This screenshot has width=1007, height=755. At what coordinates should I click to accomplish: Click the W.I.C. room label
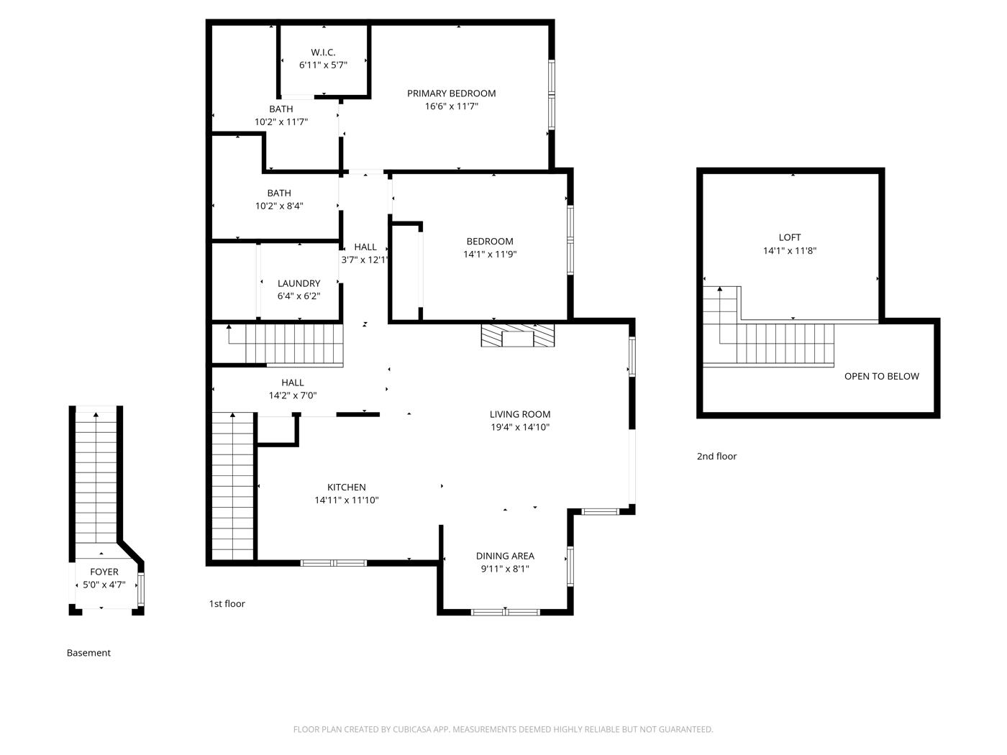[323, 52]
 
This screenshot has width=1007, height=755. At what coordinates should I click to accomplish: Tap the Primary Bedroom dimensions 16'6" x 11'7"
[452, 106]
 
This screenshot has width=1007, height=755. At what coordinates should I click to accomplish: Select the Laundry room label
[299, 283]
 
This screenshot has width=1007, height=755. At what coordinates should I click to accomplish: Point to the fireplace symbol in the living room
[517, 336]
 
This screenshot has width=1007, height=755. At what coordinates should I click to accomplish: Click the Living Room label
[520, 414]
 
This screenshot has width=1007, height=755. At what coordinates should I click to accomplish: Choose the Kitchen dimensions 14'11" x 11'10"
[347, 500]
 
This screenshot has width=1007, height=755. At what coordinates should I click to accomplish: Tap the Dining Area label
[505, 556]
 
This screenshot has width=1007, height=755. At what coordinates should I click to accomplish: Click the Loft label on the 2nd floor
[790, 237]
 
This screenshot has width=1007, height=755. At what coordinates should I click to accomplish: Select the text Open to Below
[882, 376]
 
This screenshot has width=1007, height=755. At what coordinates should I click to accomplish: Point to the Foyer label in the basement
[104, 572]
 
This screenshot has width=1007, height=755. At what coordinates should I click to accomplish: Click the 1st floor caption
[227, 604]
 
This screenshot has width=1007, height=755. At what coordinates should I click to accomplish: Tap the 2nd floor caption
[716, 456]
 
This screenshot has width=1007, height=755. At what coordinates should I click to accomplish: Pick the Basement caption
[88, 653]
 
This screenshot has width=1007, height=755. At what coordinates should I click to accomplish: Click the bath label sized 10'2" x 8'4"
[279, 193]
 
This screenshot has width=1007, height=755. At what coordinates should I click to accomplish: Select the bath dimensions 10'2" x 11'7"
[281, 122]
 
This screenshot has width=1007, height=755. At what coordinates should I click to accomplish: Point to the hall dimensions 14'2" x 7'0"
[293, 395]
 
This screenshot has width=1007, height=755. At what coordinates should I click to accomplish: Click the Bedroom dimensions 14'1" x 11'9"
[490, 255]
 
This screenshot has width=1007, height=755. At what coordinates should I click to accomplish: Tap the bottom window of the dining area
[505, 612]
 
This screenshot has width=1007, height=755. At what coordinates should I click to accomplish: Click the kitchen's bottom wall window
[334, 563]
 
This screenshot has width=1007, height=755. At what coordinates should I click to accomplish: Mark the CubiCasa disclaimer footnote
[503, 729]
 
